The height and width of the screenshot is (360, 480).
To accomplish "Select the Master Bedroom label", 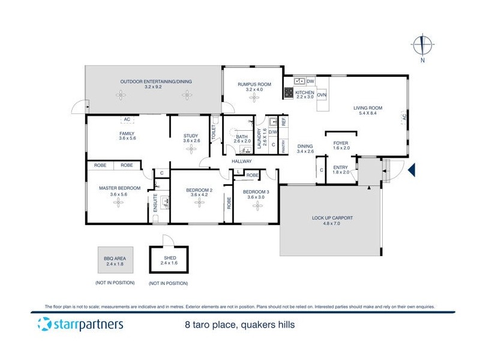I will point(119,188).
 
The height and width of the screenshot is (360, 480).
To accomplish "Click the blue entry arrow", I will point(411,172).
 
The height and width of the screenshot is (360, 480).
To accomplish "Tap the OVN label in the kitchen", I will point(322,95).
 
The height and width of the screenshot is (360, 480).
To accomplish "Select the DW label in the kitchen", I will point(310,81).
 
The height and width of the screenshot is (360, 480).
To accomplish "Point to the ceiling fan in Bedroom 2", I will point(198,203).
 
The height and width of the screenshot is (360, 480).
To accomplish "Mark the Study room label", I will point(191,136).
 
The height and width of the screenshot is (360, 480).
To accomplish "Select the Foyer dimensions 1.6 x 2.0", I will point(340,148).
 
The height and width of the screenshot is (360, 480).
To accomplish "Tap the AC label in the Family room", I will point(127,119).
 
